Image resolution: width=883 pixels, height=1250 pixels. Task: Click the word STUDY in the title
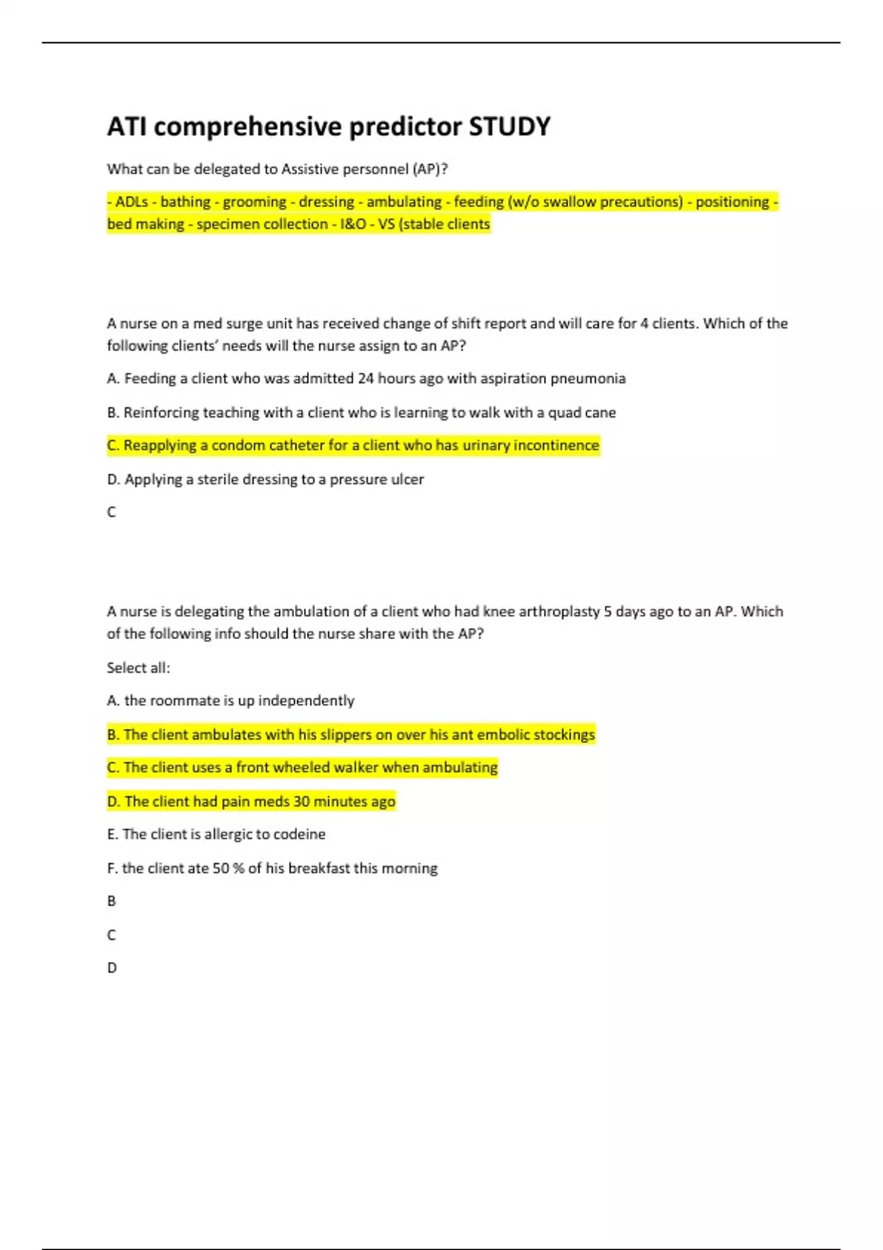(509, 126)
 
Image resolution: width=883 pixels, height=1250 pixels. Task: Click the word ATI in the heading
(127, 126)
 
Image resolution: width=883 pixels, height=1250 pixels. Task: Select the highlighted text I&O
(353, 224)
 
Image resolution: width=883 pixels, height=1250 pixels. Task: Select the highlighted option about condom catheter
(353, 446)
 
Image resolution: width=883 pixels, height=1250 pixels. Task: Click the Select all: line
(138, 668)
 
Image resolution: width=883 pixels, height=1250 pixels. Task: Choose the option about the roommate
(230, 701)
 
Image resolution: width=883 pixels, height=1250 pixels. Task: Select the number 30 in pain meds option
(302, 801)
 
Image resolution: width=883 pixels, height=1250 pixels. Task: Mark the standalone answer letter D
(112, 968)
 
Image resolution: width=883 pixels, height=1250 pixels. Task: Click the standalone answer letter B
(112, 901)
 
